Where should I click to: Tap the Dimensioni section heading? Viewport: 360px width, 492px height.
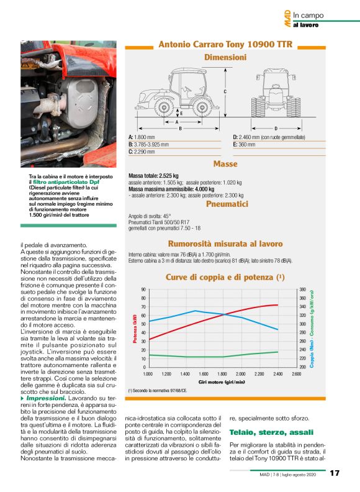tap(225, 57)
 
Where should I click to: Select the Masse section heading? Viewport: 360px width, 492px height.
tap(225, 164)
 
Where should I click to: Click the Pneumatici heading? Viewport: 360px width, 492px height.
tap(227, 203)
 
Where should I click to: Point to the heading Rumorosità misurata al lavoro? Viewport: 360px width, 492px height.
tap(225, 244)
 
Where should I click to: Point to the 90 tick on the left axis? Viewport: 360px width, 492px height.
tap(143, 289)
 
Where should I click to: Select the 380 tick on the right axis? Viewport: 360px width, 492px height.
tap(302, 289)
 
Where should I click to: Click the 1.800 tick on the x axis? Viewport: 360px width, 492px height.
tap(222, 374)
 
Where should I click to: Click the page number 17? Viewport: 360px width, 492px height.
tap(335, 474)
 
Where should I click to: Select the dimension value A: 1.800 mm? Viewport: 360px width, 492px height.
tap(142, 137)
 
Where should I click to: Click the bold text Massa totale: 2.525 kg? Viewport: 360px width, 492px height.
tap(153, 176)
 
